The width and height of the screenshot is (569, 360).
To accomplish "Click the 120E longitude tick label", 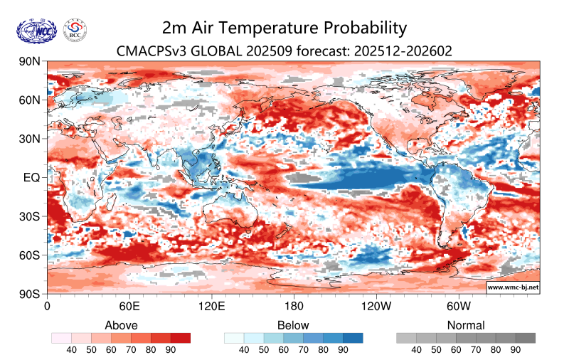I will (x=212, y=307).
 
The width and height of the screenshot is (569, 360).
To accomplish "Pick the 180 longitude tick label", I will (x=294, y=307).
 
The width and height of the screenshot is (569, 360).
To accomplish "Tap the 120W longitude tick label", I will (x=376, y=307).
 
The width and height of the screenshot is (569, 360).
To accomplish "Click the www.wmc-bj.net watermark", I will (x=512, y=287).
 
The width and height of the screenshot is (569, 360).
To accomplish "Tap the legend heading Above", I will (x=121, y=325).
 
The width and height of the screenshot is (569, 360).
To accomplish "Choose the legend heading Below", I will (x=294, y=325).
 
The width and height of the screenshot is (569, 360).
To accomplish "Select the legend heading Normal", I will (x=466, y=325).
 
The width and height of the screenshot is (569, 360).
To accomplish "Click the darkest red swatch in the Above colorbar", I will (x=181, y=338).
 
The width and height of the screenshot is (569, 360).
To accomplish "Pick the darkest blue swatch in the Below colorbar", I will (x=353, y=338).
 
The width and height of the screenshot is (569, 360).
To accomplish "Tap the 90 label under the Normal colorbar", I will (x=516, y=350).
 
